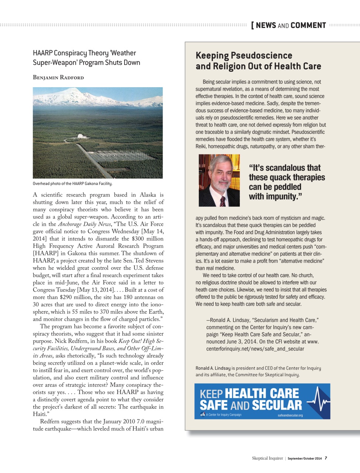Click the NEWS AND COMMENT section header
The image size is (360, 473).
[291, 25]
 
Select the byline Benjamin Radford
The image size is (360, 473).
[58, 77]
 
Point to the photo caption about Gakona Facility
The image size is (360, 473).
[72, 184]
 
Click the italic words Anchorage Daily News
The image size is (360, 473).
[84, 224]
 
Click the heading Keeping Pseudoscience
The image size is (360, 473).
[244, 55]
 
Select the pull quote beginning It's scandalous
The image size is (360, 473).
[286, 182]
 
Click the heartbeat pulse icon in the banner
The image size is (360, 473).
[318, 400]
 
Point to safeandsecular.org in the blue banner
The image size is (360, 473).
[290, 415]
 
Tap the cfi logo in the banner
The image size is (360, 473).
[203, 415]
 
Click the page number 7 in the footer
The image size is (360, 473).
[326, 458]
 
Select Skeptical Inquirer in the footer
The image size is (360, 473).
[267, 458]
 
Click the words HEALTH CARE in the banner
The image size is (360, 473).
[262, 394]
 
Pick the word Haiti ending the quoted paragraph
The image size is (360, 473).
[40, 414]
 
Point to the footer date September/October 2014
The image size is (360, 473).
[305, 459]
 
